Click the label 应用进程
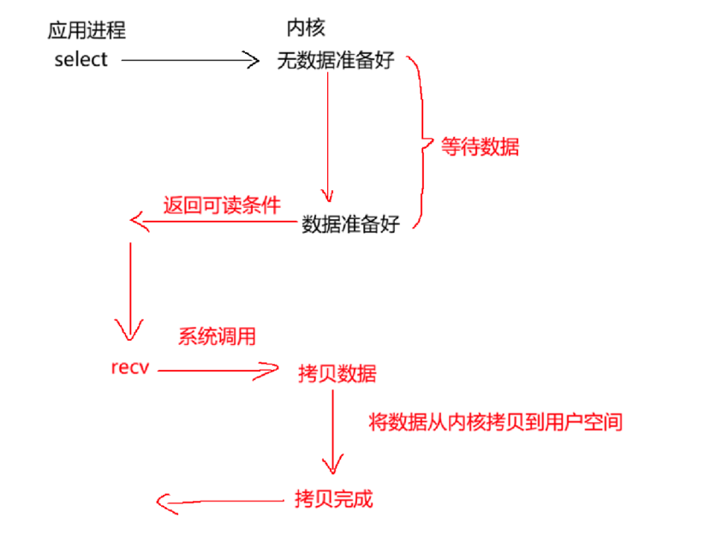pyautogui.click(x=87, y=32)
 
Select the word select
pyautogui.click(x=81, y=59)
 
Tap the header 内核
pyautogui.click(x=306, y=28)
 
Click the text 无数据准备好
pyautogui.click(x=335, y=61)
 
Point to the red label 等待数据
pyautogui.click(x=480, y=146)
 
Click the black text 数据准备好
pyautogui.click(x=351, y=226)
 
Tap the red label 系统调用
pyautogui.click(x=217, y=336)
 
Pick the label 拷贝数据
pyautogui.click(x=337, y=374)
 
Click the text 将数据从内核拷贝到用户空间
pyautogui.click(x=495, y=422)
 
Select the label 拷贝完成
pyautogui.click(x=333, y=499)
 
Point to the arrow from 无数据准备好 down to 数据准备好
pyautogui.click(x=327, y=137)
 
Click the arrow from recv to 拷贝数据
pyautogui.click(x=218, y=371)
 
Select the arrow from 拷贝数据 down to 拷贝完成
pyautogui.click(x=332, y=432)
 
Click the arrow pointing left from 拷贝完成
pyautogui.click(x=223, y=502)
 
